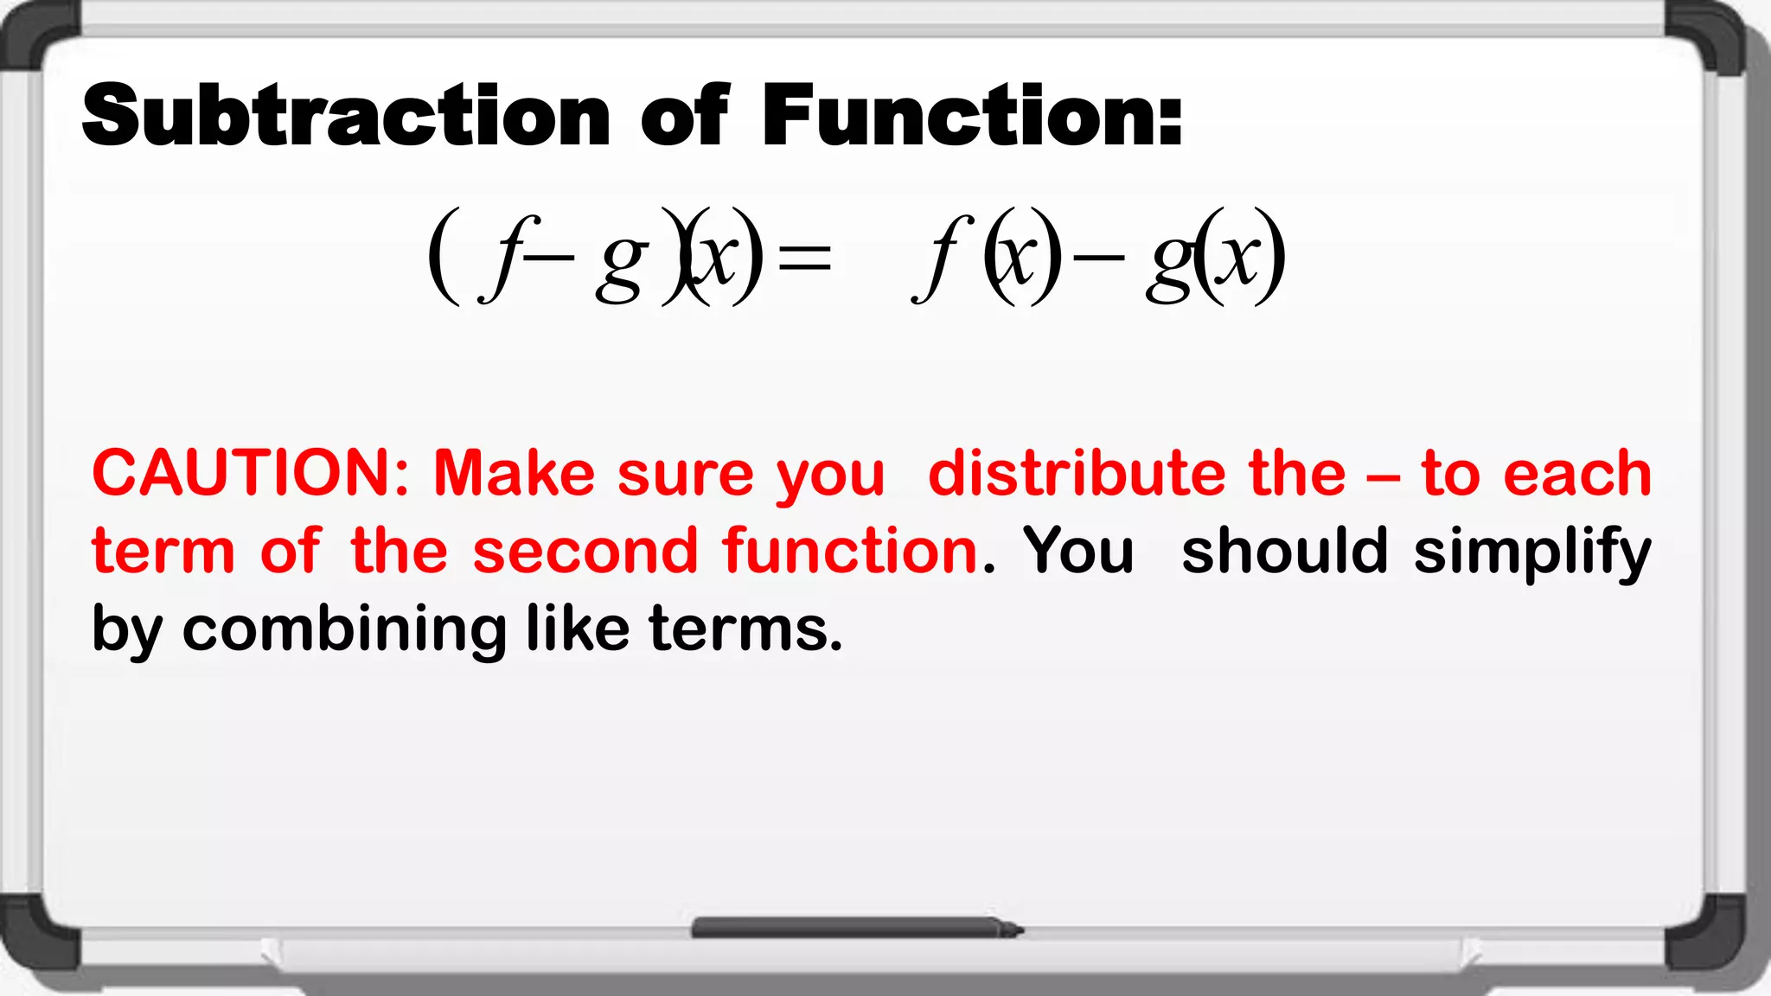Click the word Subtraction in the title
click(346, 115)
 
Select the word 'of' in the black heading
click(685, 115)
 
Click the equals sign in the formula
click(804, 258)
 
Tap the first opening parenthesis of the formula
click(443, 256)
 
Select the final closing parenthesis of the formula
click(1271, 256)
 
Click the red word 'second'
click(585, 552)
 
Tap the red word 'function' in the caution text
click(851, 552)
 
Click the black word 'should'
click(1284, 552)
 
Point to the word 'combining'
click(344, 629)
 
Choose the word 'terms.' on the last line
click(745, 629)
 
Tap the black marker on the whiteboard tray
click(856, 929)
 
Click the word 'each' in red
click(1577, 474)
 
